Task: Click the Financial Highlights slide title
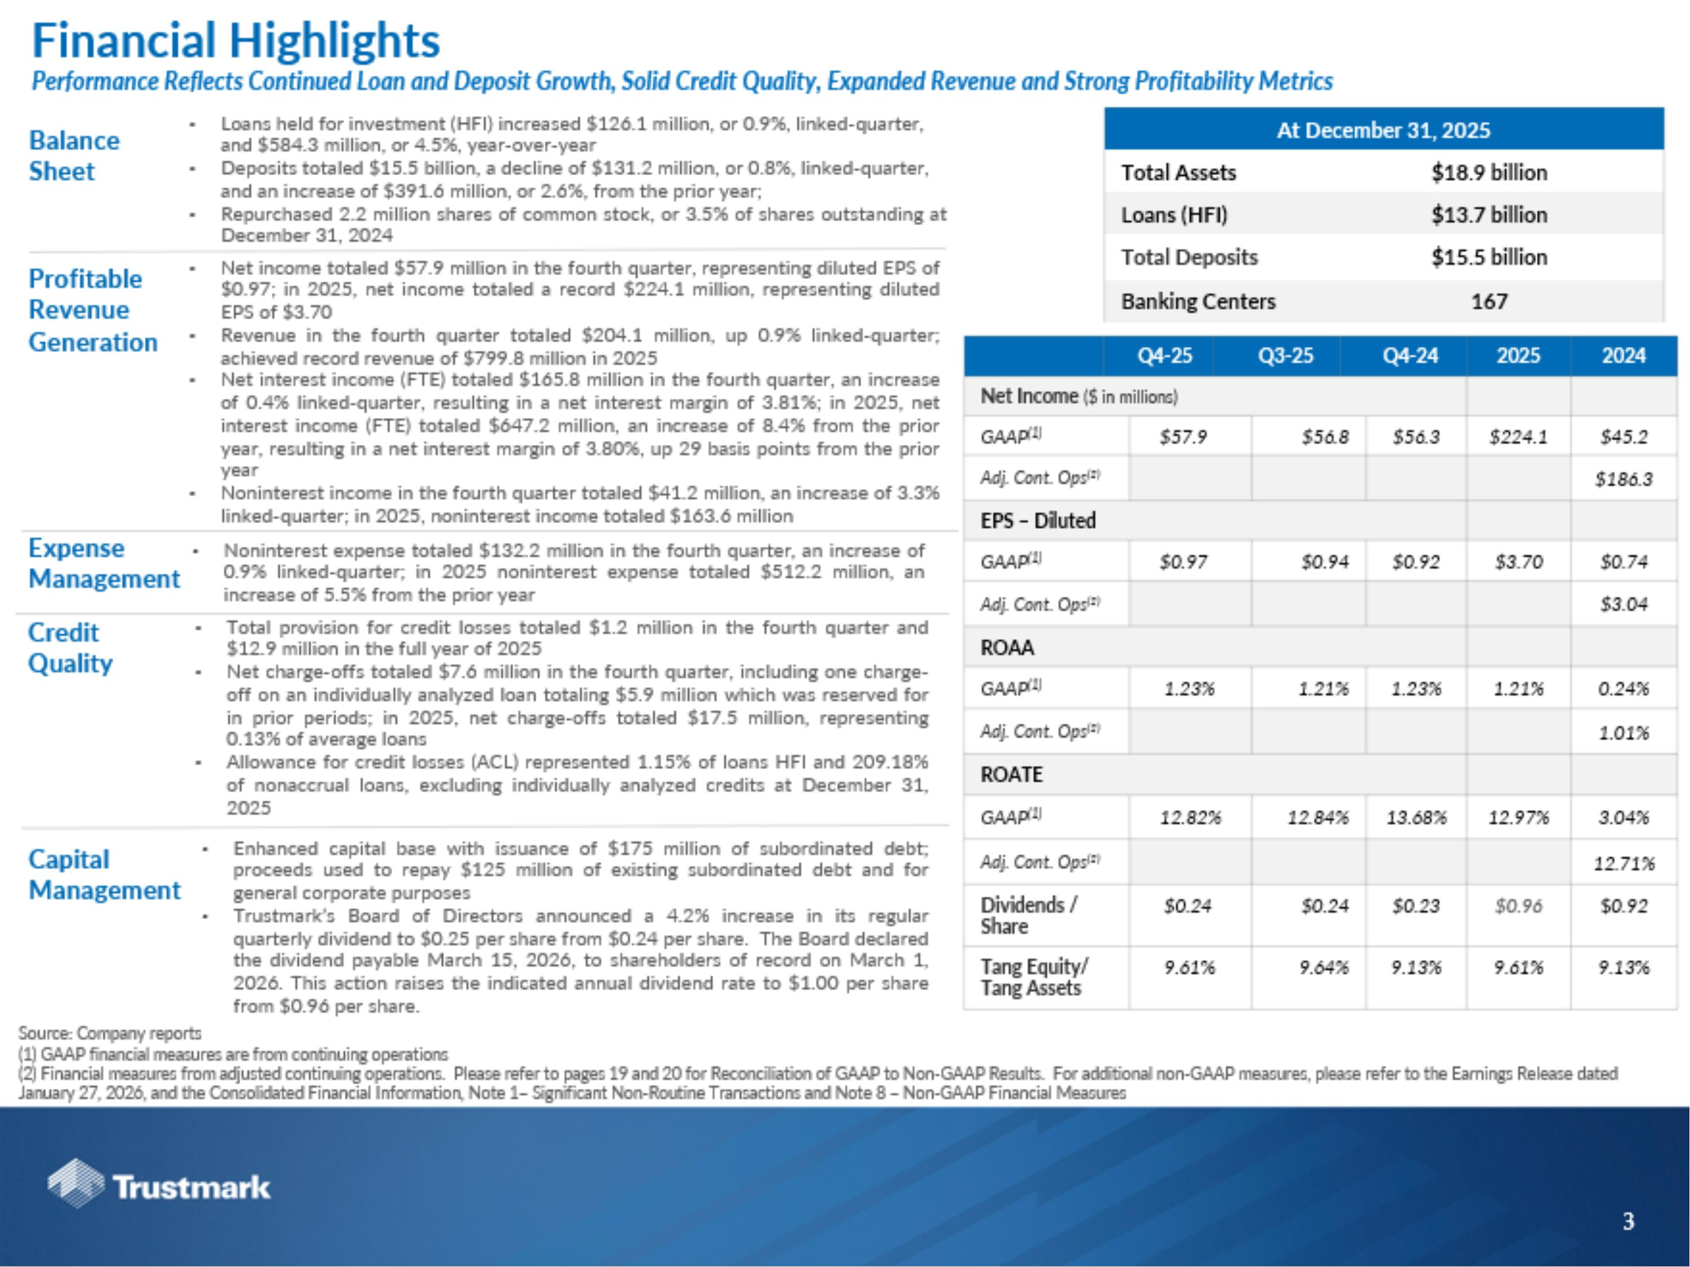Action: [235, 41]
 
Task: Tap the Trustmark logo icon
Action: [75, 1183]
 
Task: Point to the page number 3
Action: [1628, 1221]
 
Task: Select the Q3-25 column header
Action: [1286, 356]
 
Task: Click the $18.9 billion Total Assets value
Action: [1489, 173]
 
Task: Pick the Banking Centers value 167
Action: [1489, 302]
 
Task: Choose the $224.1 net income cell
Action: [1518, 437]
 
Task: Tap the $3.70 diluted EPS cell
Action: [1518, 562]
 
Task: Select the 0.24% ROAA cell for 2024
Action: [1624, 689]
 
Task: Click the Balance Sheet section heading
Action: [74, 156]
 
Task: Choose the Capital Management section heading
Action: [104, 875]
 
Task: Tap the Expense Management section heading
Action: [104, 564]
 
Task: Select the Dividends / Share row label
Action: [1028, 915]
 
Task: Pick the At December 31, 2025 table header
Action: [1383, 130]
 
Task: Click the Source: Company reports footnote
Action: [110, 1033]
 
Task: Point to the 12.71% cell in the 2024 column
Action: [1624, 864]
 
